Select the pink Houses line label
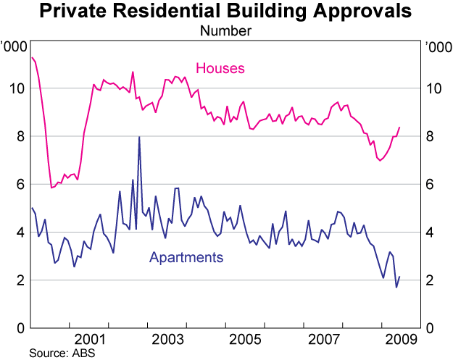tap(220, 69)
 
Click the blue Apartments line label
tap(186, 257)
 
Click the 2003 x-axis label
tap(167, 339)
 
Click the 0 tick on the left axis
tap(20, 329)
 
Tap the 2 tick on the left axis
tap(20, 281)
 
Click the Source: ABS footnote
tap(62, 353)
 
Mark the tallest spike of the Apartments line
tap(139, 137)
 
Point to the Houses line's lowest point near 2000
tap(51, 188)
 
